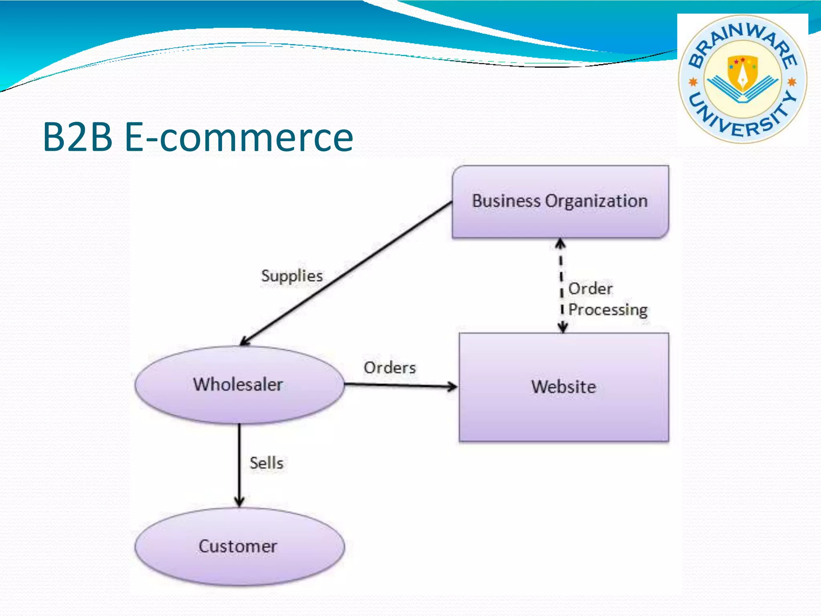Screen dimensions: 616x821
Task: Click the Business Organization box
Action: point(560,202)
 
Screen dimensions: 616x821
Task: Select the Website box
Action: point(564,387)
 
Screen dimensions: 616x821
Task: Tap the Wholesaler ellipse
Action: point(239,385)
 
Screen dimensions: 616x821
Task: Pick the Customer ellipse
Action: point(239,547)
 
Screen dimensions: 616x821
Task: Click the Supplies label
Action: point(292,276)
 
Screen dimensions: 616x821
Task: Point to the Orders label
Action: point(390,368)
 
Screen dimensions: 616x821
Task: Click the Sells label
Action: point(267,463)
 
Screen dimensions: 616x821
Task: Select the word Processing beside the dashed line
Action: point(608,310)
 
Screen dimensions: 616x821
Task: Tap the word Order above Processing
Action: point(590,289)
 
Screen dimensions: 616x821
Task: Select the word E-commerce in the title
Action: point(239,137)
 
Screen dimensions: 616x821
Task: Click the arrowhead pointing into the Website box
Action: point(453,387)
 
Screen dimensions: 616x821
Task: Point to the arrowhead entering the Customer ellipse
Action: point(239,502)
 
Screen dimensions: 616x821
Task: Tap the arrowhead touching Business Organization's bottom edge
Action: point(560,243)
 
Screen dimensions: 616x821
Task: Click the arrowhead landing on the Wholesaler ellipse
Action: point(244,342)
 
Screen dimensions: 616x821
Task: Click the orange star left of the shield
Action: point(693,82)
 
